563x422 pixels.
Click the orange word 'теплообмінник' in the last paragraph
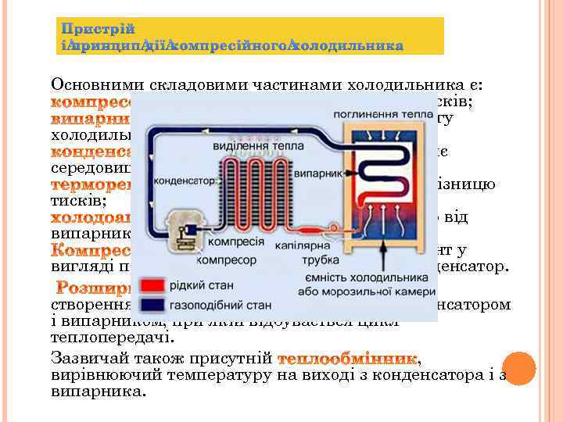point(349,359)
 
